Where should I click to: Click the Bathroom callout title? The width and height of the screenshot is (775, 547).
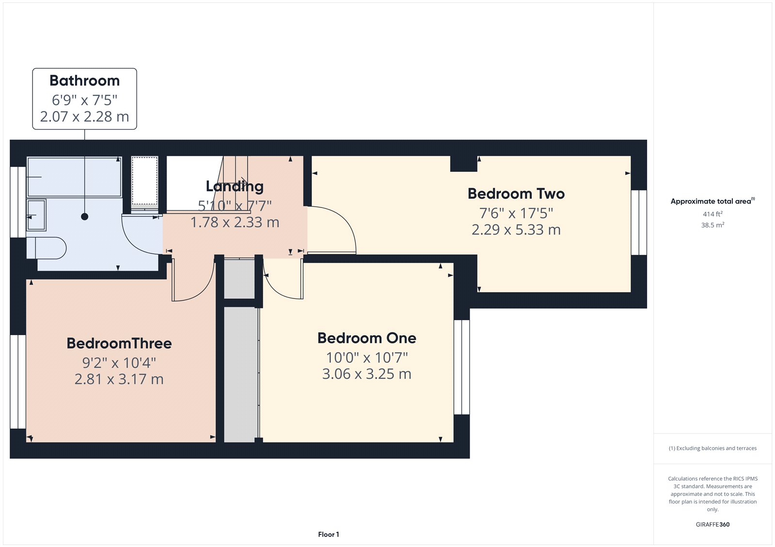pos(84,80)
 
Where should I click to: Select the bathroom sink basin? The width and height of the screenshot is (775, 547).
pos(36,215)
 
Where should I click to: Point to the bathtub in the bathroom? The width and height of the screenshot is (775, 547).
pos(74,177)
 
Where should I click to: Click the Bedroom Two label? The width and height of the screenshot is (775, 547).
pos(516,193)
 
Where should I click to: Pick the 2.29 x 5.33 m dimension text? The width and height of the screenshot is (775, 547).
pos(516,230)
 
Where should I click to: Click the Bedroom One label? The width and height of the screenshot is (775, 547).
pos(367,338)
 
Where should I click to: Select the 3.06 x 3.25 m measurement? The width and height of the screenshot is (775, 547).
pos(367,374)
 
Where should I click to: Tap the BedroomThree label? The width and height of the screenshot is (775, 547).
pos(119,343)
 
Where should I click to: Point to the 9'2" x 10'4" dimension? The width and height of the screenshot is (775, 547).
pos(119,362)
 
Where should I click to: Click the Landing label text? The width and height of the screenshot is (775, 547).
pos(234,186)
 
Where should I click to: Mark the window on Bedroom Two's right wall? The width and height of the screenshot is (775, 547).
pos(639,222)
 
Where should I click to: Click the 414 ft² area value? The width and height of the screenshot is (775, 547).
pos(713,214)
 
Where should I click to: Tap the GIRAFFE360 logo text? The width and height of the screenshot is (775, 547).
pos(713,524)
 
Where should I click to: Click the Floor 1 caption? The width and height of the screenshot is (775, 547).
pos(328,534)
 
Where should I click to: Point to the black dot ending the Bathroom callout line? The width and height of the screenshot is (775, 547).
pos(85,217)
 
